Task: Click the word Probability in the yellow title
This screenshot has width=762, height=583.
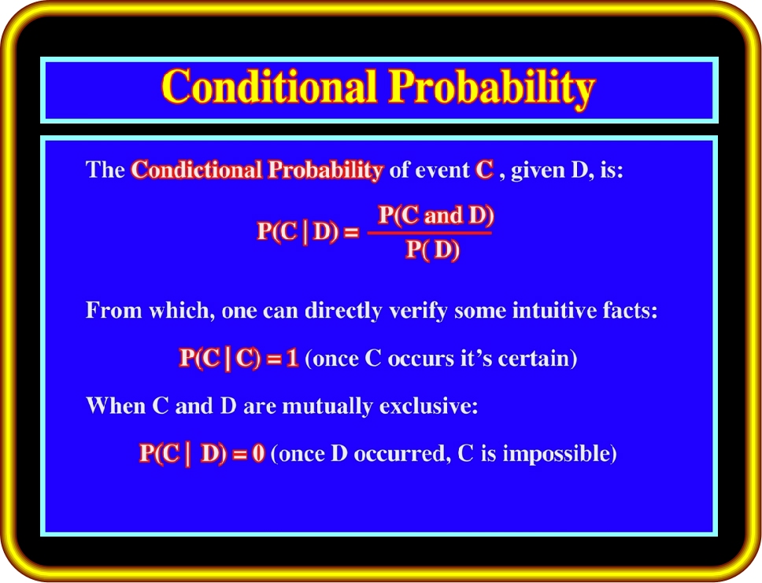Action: coord(492,88)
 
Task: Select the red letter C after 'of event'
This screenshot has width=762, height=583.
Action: coord(484,170)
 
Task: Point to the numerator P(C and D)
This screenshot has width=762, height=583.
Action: coord(436,216)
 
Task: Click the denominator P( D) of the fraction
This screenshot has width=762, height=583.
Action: coord(432,249)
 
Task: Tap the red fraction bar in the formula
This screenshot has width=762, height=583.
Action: coord(430,233)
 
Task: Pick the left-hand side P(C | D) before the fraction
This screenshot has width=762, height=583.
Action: coord(298,231)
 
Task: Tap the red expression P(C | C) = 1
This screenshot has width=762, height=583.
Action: coord(239,358)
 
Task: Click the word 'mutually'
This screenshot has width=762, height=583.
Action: coord(327,406)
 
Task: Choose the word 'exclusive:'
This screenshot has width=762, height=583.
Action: coord(428,406)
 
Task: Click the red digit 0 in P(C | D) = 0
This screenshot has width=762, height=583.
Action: coord(258,453)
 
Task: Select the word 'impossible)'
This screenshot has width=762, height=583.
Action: coord(560,454)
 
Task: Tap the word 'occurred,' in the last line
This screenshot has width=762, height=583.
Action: coord(399,454)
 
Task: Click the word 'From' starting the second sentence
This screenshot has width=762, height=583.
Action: coord(113,310)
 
